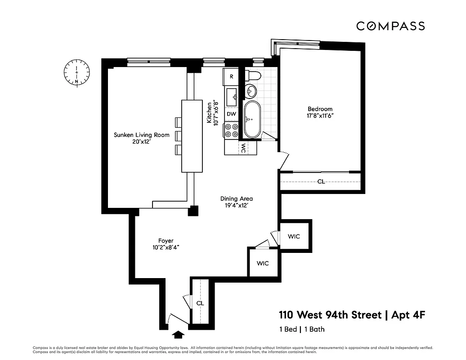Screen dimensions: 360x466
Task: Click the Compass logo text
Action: coord(390,26)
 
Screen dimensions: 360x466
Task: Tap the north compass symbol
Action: coord(77,72)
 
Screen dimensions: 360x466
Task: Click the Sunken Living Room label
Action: coord(141,135)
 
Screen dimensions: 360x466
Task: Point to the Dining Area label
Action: coord(236,198)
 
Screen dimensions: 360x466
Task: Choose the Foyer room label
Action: coord(166,241)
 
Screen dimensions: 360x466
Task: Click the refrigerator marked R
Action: coord(231,76)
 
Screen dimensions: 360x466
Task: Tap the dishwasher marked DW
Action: coord(231,114)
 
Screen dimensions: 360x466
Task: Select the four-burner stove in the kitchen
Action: coord(231,130)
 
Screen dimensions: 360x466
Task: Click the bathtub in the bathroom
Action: coord(252,119)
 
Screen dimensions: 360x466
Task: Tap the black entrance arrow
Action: coord(178,334)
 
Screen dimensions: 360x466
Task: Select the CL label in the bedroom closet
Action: coord(321,182)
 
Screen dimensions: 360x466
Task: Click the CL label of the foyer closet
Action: coord(200,303)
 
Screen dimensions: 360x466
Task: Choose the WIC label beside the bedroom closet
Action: coord(294,237)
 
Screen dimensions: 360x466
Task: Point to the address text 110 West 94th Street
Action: coord(330,315)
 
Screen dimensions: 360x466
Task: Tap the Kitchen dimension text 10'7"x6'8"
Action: coord(218,112)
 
